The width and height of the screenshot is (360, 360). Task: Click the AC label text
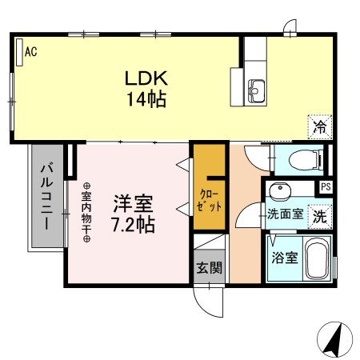(31, 52)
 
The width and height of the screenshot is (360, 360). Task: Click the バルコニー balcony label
(45, 196)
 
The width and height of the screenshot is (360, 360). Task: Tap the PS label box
(326, 187)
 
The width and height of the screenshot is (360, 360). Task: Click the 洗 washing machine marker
(320, 214)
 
